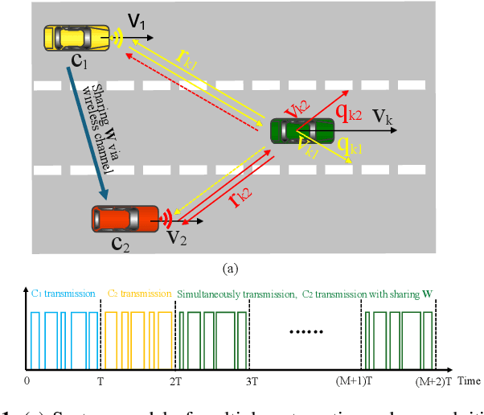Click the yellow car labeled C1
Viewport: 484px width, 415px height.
pyautogui.click(x=76, y=37)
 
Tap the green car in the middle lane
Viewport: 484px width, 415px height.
pyautogui.click(x=301, y=129)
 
